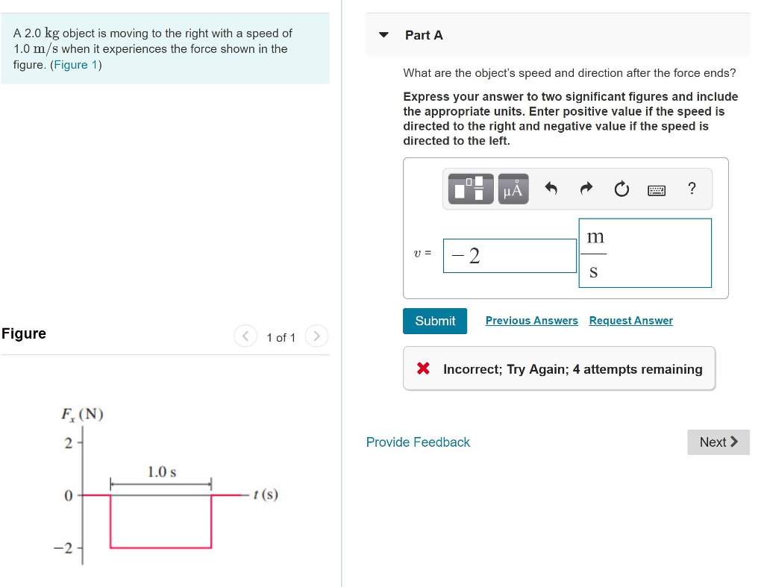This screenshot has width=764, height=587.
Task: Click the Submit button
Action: (x=435, y=321)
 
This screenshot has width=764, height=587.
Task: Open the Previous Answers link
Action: (x=531, y=321)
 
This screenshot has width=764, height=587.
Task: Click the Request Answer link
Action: (x=631, y=321)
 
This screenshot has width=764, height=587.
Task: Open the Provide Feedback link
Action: (x=418, y=442)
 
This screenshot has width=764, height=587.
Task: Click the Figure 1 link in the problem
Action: (x=75, y=65)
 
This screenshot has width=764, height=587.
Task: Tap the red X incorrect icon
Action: (x=424, y=368)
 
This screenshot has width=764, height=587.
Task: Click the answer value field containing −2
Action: (x=510, y=256)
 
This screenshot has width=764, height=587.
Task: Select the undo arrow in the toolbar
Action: (x=551, y=188)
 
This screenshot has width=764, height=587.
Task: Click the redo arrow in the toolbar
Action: (x=586, y=188)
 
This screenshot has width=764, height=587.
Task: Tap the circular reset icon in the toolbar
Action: (x=621, y=189)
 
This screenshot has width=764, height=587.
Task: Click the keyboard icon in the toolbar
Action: (x=657, y=190)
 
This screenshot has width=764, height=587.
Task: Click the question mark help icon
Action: (x=692, y=188)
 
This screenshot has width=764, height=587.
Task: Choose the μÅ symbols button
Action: (x=513, y=189)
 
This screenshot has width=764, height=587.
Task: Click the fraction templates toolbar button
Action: (x=471, y=189)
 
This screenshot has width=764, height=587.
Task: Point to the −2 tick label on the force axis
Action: (x=63, y=548)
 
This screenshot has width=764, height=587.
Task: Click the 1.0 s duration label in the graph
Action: (x=162, y=471)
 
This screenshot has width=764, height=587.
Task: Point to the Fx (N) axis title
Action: (x=82, y=414)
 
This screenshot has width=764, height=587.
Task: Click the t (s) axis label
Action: (x=266, y=495)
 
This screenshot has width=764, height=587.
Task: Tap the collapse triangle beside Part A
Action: (x=384, y=34)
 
